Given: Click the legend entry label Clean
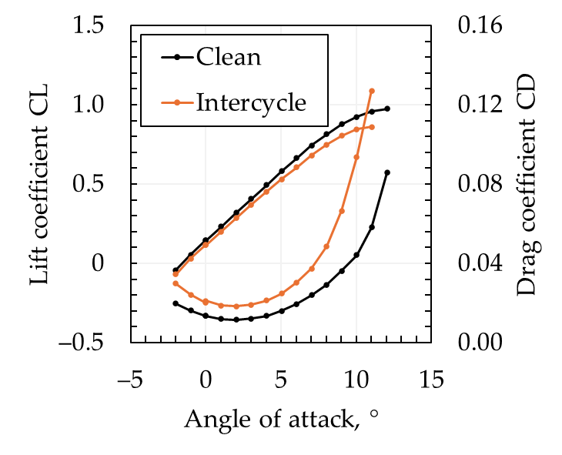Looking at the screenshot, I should coord(228,57).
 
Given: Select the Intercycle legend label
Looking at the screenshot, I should coord(251,102).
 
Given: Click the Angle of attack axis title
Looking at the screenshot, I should coord(282,420).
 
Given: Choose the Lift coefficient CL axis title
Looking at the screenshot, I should coord(43,185).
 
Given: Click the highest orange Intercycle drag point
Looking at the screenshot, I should coord(372,91).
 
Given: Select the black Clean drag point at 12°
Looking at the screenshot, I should coord(387,172).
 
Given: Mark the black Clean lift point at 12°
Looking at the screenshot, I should coord(387,109).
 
